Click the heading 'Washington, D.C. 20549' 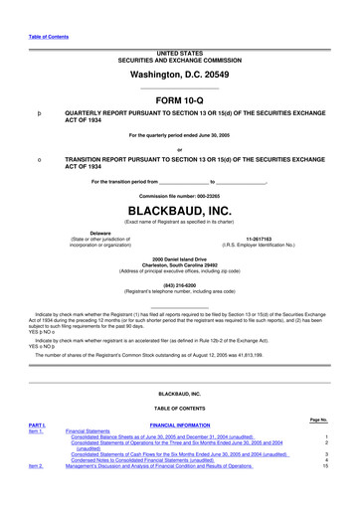point(180,76)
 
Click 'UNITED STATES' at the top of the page point(180,50)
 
